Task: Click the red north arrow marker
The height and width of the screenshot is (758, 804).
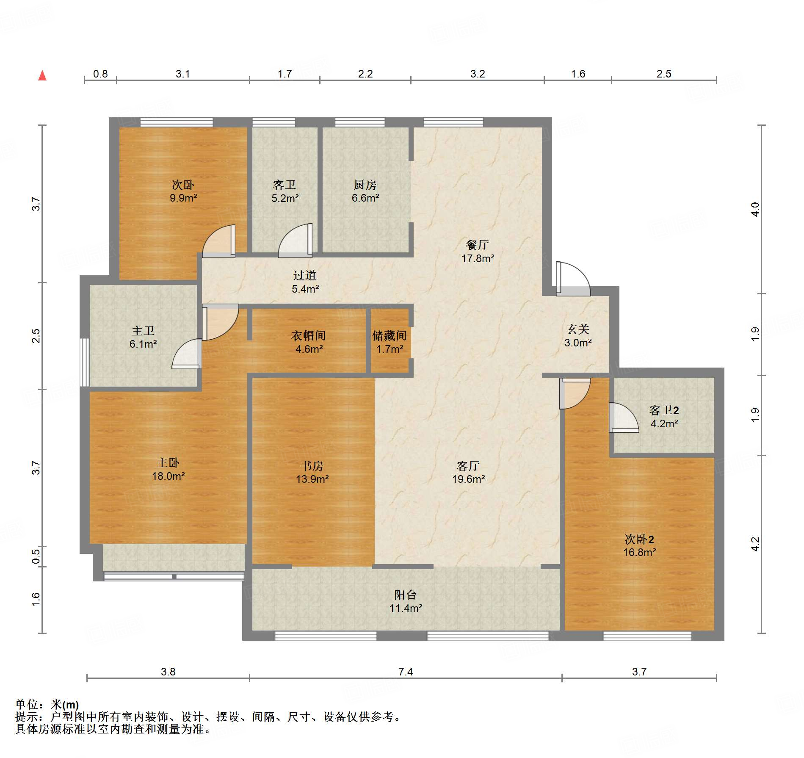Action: pyautogui.click(x=42, y=75)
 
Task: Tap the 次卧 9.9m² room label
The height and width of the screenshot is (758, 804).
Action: pyautogui.click(x=183, y=191)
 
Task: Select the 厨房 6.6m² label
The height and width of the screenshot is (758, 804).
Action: pyautogui.click(x=365, y=191)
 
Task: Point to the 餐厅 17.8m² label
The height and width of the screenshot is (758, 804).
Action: pyautogui.click(x=478, y=252)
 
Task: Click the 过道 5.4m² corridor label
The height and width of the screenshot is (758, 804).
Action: pyautogui.click(x=305, y=282)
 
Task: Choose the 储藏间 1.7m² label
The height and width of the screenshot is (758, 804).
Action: pyautogui.click(x=390, y=342)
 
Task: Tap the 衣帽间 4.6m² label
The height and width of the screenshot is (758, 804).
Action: pyautogui.click(x=309, y=342)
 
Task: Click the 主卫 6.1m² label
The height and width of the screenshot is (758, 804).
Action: pyautogui.click(x=143, y=337)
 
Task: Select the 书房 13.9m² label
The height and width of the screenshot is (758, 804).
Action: pyautogui.click(x=312, y=472)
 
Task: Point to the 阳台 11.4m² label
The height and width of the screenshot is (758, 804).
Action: pyautogui.click(x=406, y=601)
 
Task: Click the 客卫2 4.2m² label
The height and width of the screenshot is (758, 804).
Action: pyautogui.click(x=664, y=417)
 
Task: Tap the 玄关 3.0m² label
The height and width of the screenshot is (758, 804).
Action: pyautogui.click(x=578, y=336)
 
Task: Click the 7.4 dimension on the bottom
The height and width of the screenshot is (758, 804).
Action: pyautogui.click(x=405, y=672)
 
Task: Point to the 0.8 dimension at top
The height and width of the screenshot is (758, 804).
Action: pyautogui.click(x=100, y=74)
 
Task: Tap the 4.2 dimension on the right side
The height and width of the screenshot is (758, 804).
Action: pyautogui.click(x=755, y=544)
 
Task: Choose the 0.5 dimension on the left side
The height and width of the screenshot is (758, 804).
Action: pyautogui.click(x=36, y=556)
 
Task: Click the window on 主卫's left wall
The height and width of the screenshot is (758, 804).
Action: pyautogui.click(x=85, y=362)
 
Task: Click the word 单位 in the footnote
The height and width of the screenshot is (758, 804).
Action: pyautogui.click(x=27, y=704)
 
